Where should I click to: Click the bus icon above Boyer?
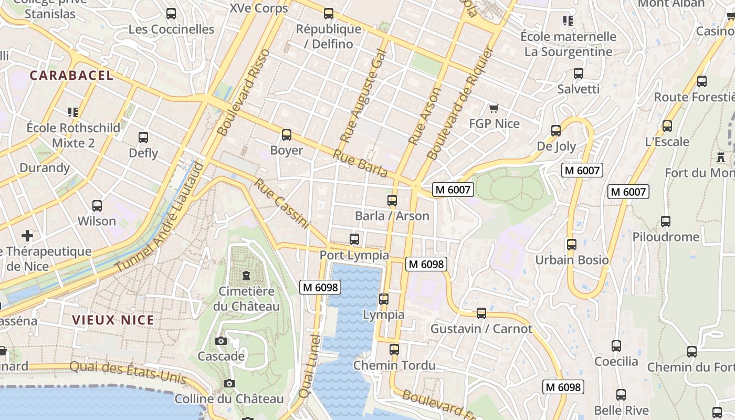coord(287,135)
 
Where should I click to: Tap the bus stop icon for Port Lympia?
coord(354,239)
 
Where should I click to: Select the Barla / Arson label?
coord(392,216)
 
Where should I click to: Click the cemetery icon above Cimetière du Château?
coord(246,276)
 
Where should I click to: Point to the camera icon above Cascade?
coord(221,341)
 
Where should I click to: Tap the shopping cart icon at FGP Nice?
coord(493,109)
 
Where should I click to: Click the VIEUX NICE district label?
coord(113,320)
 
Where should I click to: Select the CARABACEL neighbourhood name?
coord(71,76)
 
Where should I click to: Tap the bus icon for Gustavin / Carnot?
coord(481,313)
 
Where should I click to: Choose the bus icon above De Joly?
coord(556,131)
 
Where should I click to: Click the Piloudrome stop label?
coord(665,237)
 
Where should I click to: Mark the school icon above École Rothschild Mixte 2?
coord(73,112)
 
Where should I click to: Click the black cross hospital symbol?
coord(27,236)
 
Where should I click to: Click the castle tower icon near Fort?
coord(721,156)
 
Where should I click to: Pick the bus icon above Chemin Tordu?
coord(394,350)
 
